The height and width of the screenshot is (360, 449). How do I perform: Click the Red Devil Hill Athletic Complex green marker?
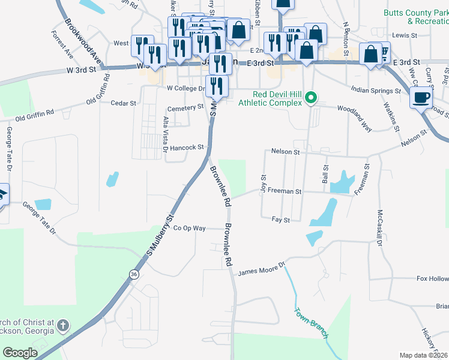(x=311, y=97)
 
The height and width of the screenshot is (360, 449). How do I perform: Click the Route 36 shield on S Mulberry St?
(x=133, y=274)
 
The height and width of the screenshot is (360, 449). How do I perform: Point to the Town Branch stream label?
(x=311, y=323)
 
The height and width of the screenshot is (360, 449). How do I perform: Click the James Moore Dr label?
(x=260, y=272)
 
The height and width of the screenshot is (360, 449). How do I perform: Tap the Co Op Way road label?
(x=189, y=229)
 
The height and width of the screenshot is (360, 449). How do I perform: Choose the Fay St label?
(x=281, y=220)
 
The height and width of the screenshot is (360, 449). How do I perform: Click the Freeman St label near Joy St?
(x=284, y=191)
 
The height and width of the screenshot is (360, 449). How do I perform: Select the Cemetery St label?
(x=185, y=107)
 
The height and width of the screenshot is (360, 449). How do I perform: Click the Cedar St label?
(x=124, y=103)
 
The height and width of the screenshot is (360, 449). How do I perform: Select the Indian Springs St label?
(x=375, y=92)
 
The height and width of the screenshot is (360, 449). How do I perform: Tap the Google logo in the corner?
(x=20, y=353)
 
